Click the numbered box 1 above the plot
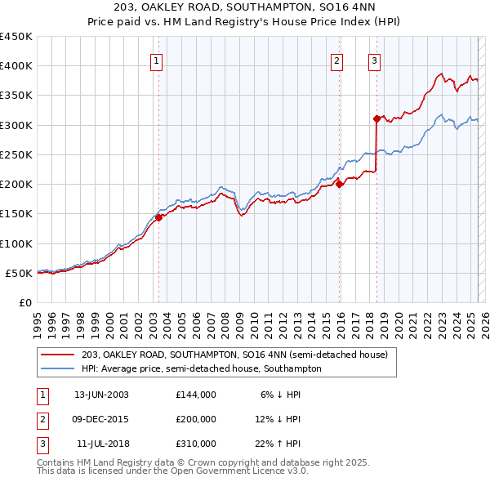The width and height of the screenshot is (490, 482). tap(156, 59)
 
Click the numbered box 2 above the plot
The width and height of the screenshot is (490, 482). tap(336, 59)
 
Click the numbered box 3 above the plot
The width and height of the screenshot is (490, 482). tap(374, 59)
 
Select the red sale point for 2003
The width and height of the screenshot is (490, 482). tap(159, 217)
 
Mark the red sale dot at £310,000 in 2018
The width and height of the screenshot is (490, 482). tap(376, 118)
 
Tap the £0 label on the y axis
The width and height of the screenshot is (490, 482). tap(25, 302)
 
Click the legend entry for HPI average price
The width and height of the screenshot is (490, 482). tap(201, 368)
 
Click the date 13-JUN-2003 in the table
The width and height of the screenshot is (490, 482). tap(101, 395)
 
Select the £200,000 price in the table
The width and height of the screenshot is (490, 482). tap(196, 419)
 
